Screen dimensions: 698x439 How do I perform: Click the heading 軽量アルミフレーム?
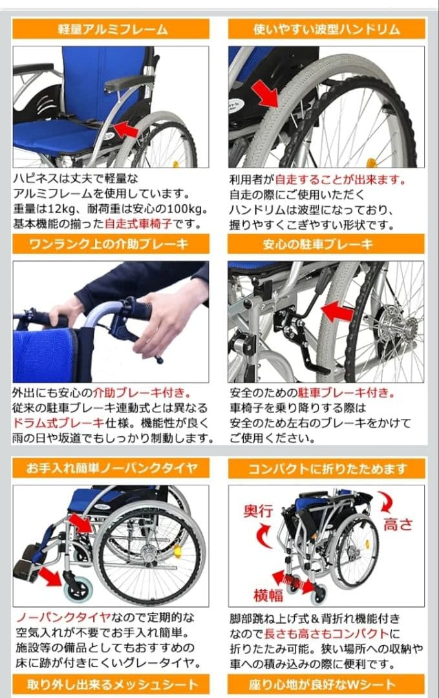[x=111, y=29]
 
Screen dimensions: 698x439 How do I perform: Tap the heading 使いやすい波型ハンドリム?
[x=327, y=29]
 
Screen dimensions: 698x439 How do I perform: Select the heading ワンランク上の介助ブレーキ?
[x=111, y=244]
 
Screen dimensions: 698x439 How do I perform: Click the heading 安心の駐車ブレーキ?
[x=327, y=244]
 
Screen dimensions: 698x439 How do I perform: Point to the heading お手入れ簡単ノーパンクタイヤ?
[x=111, y=467]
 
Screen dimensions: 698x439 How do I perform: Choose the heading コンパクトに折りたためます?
[x=327, y=468]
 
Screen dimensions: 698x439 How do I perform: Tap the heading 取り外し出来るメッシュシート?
[x=111, y=684]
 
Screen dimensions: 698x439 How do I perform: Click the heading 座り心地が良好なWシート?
[x=327, y=684]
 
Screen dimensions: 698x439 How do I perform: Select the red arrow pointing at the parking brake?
[x=337, y=312]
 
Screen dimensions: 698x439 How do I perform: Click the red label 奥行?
[x=257, y=511]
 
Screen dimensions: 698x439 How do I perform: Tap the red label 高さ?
[x=398, y=523]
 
